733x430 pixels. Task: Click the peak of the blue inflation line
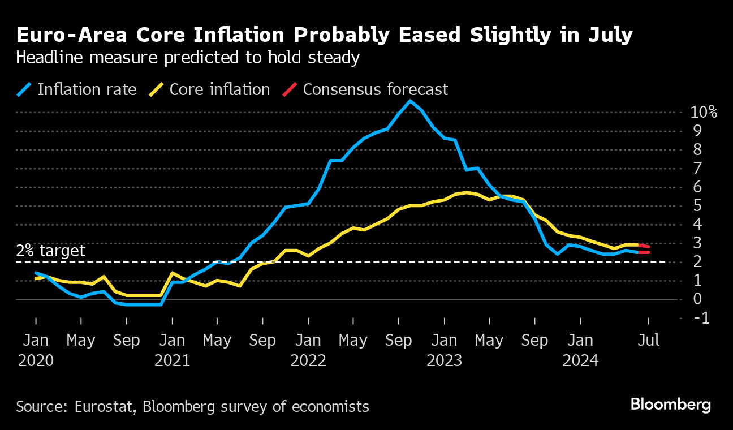click(x=410, y=101)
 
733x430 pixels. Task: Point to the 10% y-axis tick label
click(x=704, y=112)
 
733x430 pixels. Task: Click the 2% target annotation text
click(x=50, y=251)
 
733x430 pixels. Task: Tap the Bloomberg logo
click(x=670, y=405)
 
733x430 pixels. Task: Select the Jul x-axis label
click(x=648, y=341)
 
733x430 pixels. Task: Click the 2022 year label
click(x=308, y=361)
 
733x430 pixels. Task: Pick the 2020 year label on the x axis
click(x=36, y=361)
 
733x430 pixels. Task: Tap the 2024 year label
click(x=580, y=361)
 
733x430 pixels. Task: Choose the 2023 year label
click(x=444, y=361)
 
